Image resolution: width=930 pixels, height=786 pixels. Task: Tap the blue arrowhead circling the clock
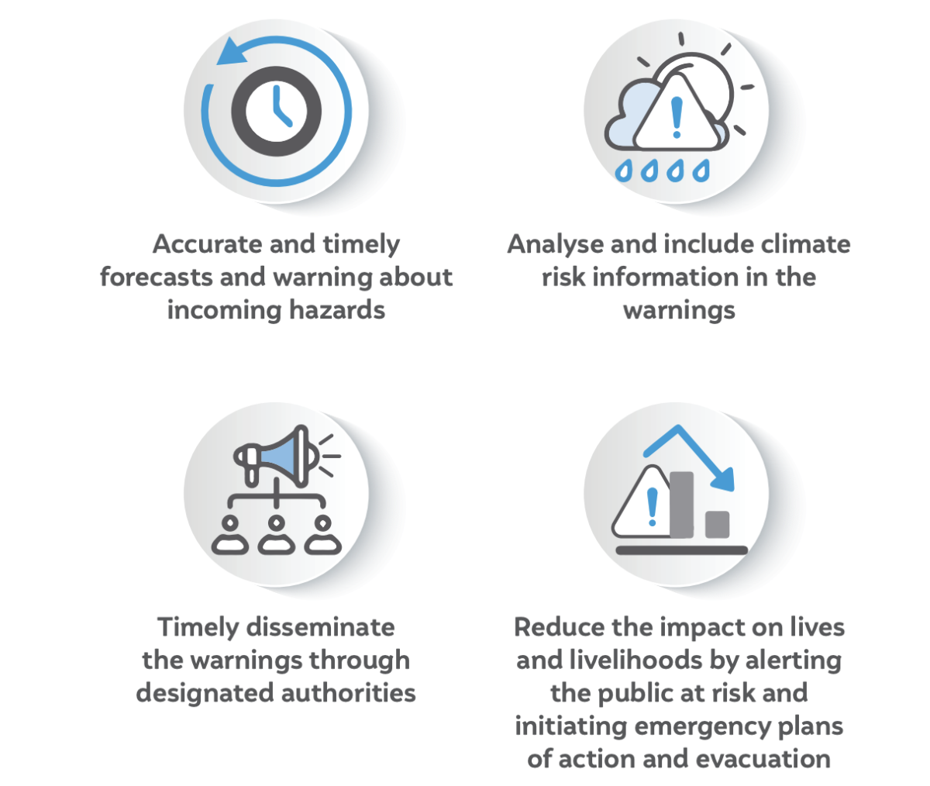(x=229, y=53)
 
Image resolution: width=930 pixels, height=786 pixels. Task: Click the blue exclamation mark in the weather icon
(x=676, y=115)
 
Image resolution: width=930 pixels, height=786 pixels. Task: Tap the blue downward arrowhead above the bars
(x=723, y=478)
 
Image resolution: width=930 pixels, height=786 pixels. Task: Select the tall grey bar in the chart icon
(x=681, y=504)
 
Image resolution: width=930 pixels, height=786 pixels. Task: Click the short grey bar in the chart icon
(x=717, y=524)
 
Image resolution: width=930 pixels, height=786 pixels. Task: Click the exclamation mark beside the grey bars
(x=652, y=507)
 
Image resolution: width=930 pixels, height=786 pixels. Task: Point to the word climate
(x=805, y=244)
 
